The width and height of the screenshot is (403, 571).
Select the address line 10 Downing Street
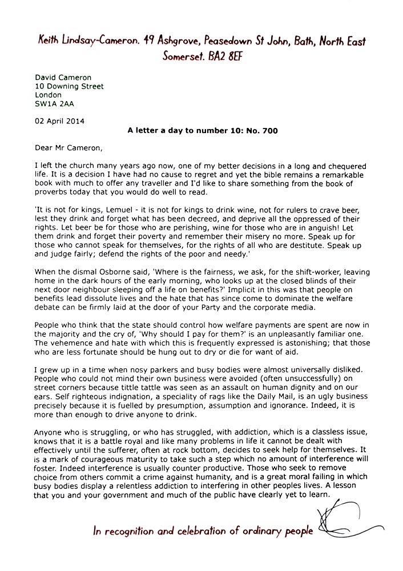click(x=70, y=86)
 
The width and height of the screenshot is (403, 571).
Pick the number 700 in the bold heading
click(x=269, y=131)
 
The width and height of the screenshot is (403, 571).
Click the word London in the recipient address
click(x=49, y=95)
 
